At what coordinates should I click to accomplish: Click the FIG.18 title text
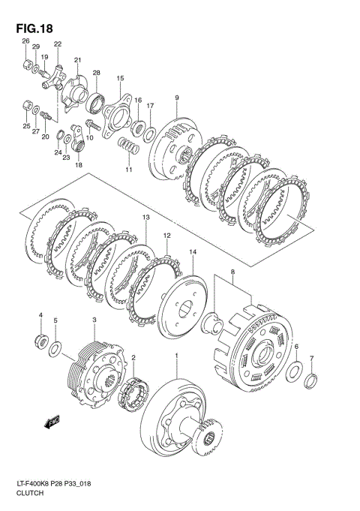34,29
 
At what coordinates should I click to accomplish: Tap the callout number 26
25,41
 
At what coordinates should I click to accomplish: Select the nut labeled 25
27,106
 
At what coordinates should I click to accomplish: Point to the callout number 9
177,98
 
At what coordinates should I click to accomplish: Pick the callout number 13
145,218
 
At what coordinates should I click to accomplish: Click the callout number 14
193,251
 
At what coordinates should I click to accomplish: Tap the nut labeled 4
41,341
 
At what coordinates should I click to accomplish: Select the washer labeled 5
55,349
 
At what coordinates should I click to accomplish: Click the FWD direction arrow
52,422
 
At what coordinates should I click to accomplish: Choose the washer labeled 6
294,371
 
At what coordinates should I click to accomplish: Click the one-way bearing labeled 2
133,393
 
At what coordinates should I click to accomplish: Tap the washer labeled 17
149,134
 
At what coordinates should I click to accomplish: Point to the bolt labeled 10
92,125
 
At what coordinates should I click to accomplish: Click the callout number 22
58,44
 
